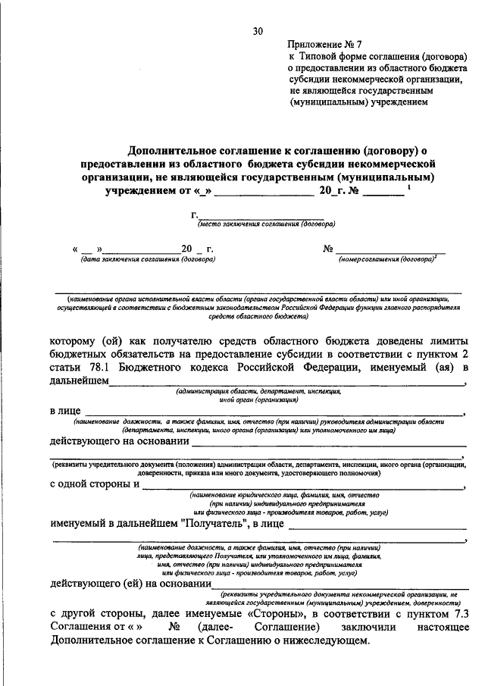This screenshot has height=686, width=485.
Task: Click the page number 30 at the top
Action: click(258, 31)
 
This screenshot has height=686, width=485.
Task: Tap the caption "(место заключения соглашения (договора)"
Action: click(266, 224)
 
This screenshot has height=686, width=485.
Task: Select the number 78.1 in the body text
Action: click(101, 368)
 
